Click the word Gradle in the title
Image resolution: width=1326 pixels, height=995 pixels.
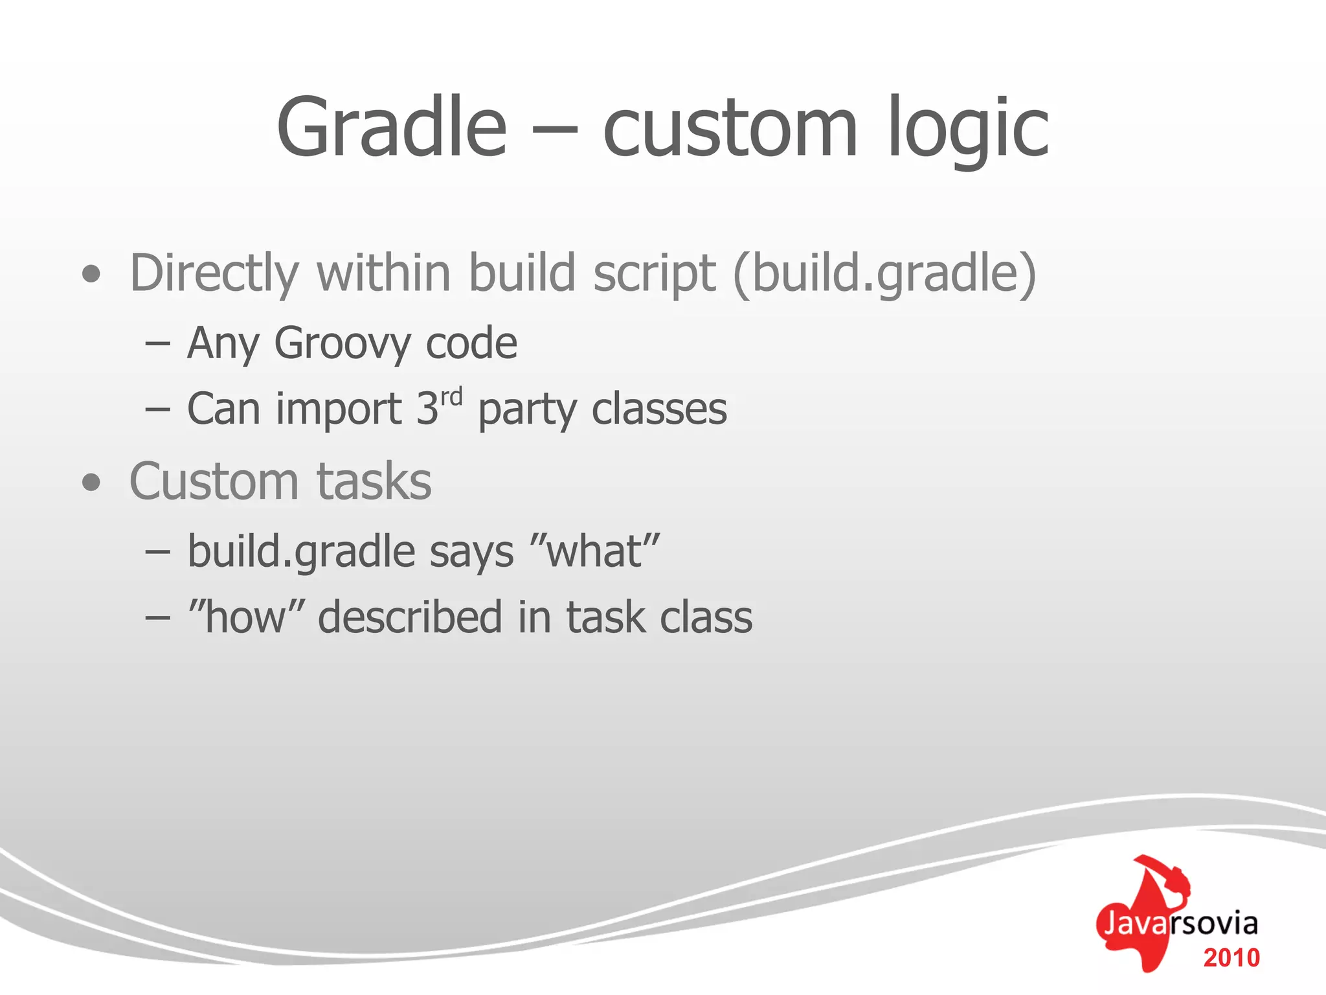click(x=391, y=128)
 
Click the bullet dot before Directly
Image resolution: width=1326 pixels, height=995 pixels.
click(x=92, y=274)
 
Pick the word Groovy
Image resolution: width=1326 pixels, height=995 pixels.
click(x=342, y=343)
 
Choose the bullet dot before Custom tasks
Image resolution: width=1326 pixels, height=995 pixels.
click(x=92, y=483)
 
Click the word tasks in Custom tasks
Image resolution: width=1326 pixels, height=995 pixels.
click(x=374, y=483)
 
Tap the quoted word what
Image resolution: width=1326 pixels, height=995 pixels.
click(x=594, y=552)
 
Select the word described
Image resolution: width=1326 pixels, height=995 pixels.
click(x=410, y=617)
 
